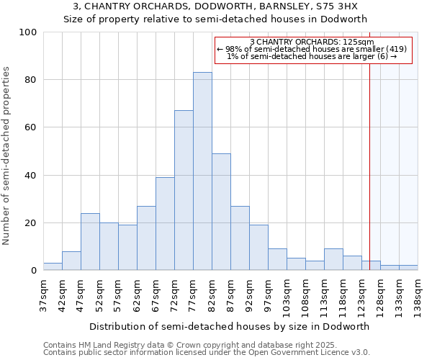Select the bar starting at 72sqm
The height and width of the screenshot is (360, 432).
184,190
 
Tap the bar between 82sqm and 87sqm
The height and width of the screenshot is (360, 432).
221,212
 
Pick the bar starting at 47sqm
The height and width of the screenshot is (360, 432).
90,242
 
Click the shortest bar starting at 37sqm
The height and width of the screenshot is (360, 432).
53,266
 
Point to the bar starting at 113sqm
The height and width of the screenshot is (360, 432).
333,259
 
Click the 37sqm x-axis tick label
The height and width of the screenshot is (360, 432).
44,294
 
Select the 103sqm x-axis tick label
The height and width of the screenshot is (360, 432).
287,296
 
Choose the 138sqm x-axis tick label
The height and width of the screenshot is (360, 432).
418,296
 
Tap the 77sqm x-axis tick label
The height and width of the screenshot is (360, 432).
194,294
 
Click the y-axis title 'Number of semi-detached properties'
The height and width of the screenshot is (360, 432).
7,156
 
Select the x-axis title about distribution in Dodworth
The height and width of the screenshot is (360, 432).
230,326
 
